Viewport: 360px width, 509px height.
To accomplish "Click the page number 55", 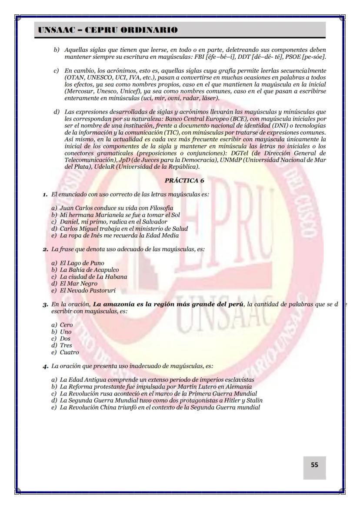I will (314, 465).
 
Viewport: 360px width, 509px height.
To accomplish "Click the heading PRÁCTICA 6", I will (184, 180).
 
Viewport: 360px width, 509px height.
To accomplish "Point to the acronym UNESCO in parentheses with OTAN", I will (99, 77).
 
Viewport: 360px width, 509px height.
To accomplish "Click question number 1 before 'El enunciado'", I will (45, 194).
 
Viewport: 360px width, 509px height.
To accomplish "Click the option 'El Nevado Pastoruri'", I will (88, 290).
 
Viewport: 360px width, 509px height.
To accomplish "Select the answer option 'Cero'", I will (67, 325).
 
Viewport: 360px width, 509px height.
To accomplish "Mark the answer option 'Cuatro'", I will (69, 353).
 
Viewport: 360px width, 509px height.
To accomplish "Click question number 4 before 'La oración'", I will (45, 366).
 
